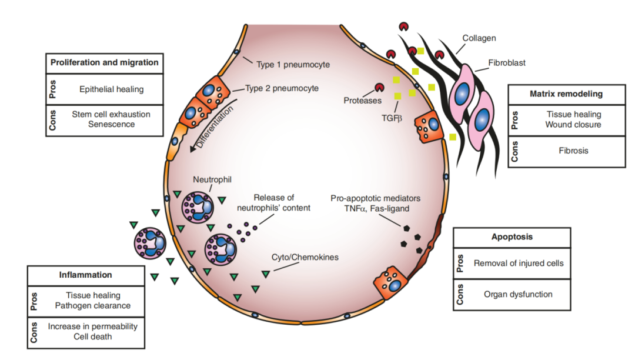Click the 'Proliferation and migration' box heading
tap(105, 62)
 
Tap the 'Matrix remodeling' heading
tap(566, 94)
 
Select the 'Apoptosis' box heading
tap(512, 237)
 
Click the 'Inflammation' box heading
tap(85, 275)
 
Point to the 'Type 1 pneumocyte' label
tap(293, 65)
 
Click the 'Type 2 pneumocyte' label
tap(282, 88)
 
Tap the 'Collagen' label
tap(479, 38)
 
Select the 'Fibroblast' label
tap(507, 63)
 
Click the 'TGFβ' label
tap(392, 118)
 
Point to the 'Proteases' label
tap(362, 101)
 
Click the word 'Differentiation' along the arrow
tap(215, 126)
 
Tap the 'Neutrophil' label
tap(212, 179)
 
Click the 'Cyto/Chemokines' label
tap(305, 257)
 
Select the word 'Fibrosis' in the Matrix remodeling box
tap(573, 151)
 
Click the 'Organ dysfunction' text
tap(518, 294)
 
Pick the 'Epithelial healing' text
tap(111, 89)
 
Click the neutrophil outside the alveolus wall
tap(150, 243)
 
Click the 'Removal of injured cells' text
tap(519, 263)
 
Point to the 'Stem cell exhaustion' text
tap(111, 114)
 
